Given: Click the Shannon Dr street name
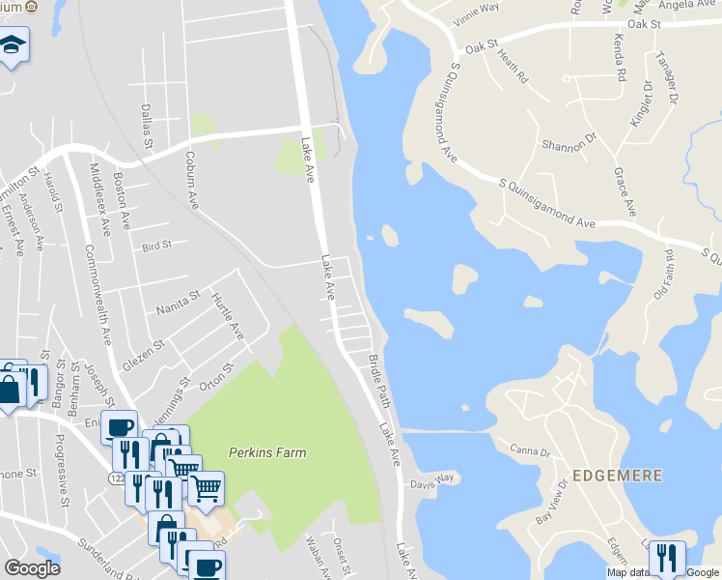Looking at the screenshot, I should point(569,145).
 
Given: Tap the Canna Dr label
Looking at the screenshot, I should point(530,450).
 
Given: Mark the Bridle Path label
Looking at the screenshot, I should point(377,379).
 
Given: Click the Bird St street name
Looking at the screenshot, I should point(155,246).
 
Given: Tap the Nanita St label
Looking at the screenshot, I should point(177,303).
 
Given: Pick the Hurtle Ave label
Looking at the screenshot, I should point(228,315).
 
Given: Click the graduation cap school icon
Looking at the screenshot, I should point(13,45).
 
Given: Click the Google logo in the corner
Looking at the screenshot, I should point(33,568).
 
